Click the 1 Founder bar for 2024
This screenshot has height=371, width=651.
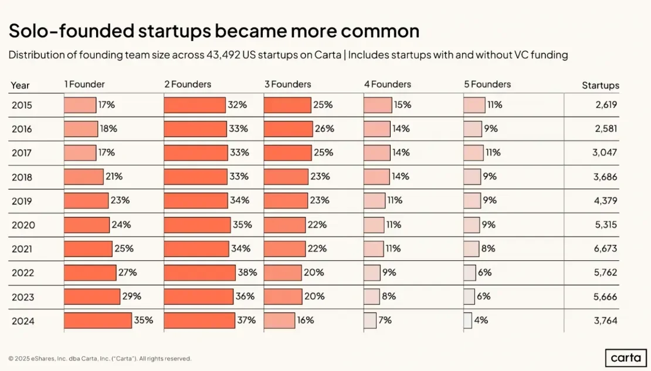(x=97, y=320)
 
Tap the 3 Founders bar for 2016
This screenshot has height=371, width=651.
(x=288, y=129)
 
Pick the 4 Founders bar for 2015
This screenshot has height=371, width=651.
(x=377, y=105)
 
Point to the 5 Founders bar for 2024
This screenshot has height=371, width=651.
(x=467, y=320)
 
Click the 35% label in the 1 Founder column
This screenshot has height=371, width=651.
(x=144, y=320)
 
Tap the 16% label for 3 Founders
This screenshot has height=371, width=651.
(x=305, y=320)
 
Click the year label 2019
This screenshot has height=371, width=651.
(x=22, y=201)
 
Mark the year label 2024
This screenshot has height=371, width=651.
(x=22, y=321)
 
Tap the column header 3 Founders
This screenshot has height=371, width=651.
(x=287, y=84)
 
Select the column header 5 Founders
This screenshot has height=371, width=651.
(x=487, y=84)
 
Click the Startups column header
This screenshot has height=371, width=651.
(x=600, y=86)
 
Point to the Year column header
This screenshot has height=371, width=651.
(x=20, y=86)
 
